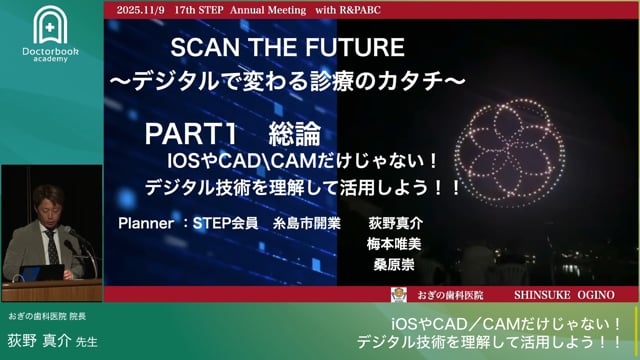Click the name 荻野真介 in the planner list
click(396, 224)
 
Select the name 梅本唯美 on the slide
click(396, 244)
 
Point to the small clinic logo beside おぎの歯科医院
click(398, 294)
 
